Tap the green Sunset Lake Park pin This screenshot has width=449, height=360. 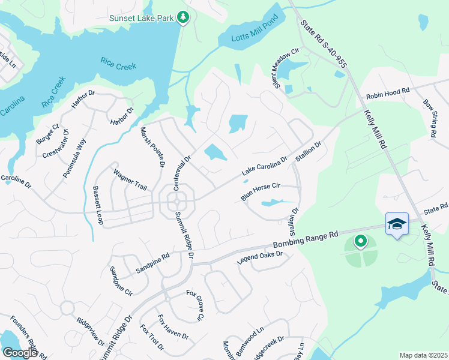coord(184,18)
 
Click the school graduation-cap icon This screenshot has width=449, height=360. coord(397,224)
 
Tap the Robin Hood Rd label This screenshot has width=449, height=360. coord(388,93)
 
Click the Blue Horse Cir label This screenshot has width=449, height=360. coord(261,191)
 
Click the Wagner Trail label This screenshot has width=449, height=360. coord(130,180)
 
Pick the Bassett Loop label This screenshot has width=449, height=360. coord(97,205)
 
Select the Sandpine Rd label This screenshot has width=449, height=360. coord(152,263)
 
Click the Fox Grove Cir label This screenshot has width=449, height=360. coord(196,305)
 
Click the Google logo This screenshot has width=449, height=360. coord(20,353)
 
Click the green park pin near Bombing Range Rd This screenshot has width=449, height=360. coord(360,241)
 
